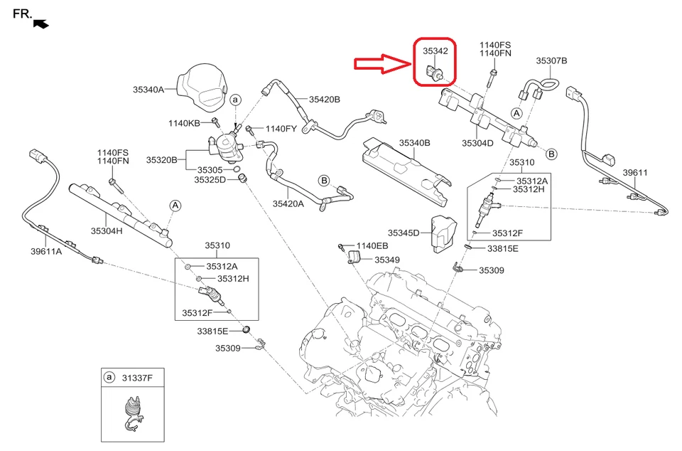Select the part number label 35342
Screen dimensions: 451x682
(x=435, y=51)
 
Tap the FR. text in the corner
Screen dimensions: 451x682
(x=22, y=14)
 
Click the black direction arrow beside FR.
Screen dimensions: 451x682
(x=42, y=23)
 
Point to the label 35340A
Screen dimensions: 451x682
(x=148, y=90)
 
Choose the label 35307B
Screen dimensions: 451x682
(x=551, y=61)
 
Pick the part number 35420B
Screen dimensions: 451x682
(x=324, y=99)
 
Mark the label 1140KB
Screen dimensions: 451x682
(x=184, y=123)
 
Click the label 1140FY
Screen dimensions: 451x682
(x=281, y=129)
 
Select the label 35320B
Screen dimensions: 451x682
(x=162, y=160)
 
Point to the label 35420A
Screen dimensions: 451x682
(x=288, y=203)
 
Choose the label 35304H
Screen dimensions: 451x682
(x=107, y=230)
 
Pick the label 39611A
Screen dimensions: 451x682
(x=46, y=250)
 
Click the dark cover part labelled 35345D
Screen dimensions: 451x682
(x=441, y=232)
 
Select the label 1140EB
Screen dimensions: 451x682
(x=372, y=245)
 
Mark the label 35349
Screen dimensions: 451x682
(x=387, y=260)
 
